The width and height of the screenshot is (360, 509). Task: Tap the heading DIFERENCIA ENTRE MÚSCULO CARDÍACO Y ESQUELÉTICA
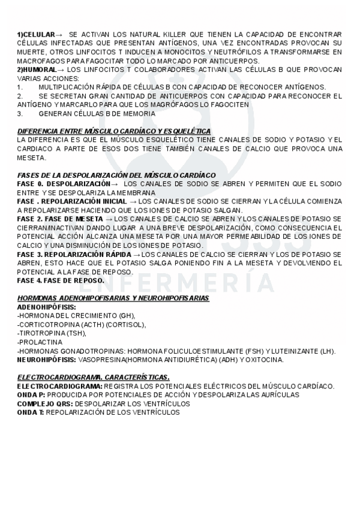tap(113, 131)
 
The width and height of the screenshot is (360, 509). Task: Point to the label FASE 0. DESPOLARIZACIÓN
tap(64, 184)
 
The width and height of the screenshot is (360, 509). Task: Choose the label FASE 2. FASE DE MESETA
tap(61, 218)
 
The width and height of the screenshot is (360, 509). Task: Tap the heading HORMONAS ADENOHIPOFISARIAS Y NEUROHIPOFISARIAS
tap(113, 298)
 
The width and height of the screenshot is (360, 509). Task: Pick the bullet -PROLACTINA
tap(38, 342)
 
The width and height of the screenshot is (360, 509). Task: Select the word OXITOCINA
tap(265, 360)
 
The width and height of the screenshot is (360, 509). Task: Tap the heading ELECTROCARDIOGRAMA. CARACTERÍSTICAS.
tap(93, 377)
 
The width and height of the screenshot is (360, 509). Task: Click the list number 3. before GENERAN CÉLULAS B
tap(20, 113)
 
